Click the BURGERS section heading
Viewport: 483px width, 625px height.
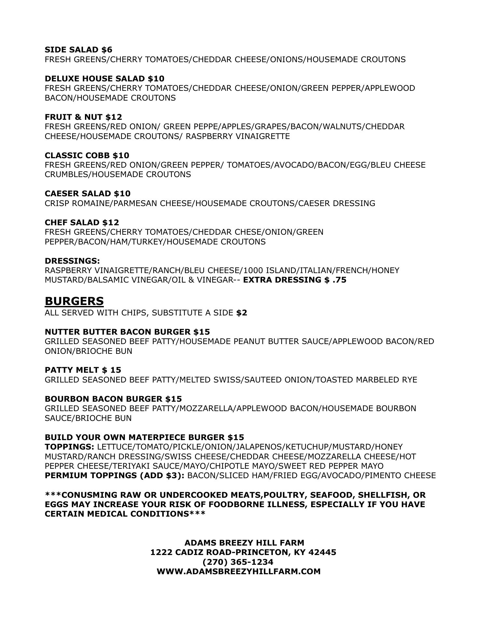(x=74, y=301)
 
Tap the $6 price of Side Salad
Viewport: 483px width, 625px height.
(x=107, y=50)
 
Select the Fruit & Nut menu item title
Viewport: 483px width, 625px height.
(x=83, y=117)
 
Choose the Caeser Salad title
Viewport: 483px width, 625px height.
(x=88, y=194)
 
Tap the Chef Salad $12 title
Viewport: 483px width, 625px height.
(x=82, y=222)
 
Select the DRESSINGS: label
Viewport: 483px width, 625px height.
(x=72, y=261)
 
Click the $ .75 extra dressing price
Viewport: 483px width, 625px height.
(x=335, y=280)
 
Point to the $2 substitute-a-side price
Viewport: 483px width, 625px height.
(x=242, y=313)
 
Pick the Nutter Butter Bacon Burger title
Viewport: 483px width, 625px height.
(x=127, y=332)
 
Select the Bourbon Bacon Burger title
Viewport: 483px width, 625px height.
(x=113, y=399)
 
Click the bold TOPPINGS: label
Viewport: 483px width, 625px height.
(x=70, y=447)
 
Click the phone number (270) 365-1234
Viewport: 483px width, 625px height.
(x=238, y=562)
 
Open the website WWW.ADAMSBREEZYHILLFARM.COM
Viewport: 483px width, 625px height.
(x=239, y=571)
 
